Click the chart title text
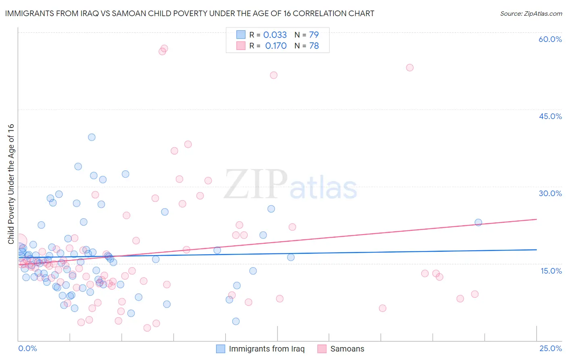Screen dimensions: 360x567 (190, 14)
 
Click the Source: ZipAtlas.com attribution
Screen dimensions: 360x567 (531, 14)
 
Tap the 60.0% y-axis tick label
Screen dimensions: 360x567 (550, 39)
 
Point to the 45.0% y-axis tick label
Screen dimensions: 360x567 (550, 116)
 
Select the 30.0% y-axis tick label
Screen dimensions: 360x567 (550, 193)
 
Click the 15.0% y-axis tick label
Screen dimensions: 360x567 (551, 271)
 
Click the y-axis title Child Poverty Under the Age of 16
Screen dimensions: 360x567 (11, 184)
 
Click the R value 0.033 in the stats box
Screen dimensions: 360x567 (275, 35)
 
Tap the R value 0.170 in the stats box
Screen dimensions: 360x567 (276, 46)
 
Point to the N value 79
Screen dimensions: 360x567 (314, 35)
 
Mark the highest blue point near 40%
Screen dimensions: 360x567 (92, 137)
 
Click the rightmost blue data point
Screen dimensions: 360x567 (478, 222)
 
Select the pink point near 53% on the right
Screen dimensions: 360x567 (410, 67)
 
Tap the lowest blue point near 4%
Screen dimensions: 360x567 (236, 321)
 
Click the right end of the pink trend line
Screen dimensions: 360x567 (536, 219)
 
